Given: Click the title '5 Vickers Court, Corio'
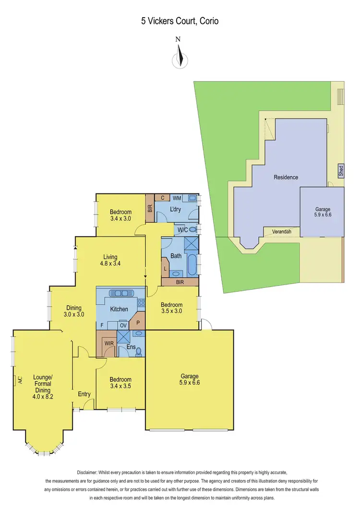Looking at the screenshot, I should (x=180, y=21).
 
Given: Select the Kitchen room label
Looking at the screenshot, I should (x=119, y=309).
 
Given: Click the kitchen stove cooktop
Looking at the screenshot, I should (x=141, y=302).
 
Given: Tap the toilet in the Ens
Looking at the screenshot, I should (x=139, y=351).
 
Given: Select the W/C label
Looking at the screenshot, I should (x=182, y=230).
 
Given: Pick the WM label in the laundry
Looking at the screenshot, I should (x=177, y=198).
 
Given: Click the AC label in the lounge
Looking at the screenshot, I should (x=16, y=379).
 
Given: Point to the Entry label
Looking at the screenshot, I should (x=84, y=394).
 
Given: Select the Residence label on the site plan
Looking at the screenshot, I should (x=286, y=177).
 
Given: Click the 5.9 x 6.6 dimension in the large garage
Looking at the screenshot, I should (x=189, y=383).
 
